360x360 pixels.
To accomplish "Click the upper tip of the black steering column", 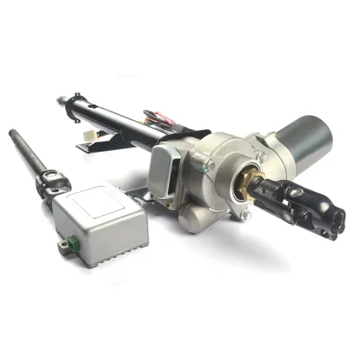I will (61, 100).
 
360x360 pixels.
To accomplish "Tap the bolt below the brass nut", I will (246, 216).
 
